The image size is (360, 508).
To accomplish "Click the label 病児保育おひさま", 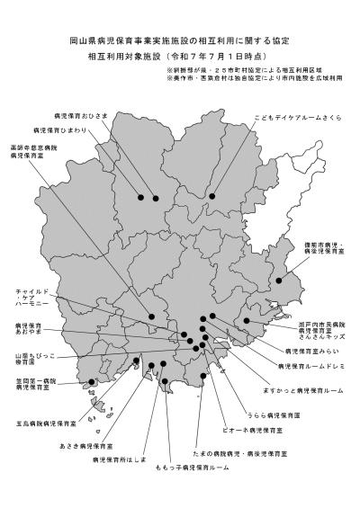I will (80, 117).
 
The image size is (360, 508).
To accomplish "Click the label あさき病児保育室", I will (86, 446).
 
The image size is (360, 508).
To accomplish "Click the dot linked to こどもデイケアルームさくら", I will (212, 196).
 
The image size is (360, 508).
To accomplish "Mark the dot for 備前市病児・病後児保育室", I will (279, 281).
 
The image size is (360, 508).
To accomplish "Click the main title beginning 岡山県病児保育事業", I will (179, 40).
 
